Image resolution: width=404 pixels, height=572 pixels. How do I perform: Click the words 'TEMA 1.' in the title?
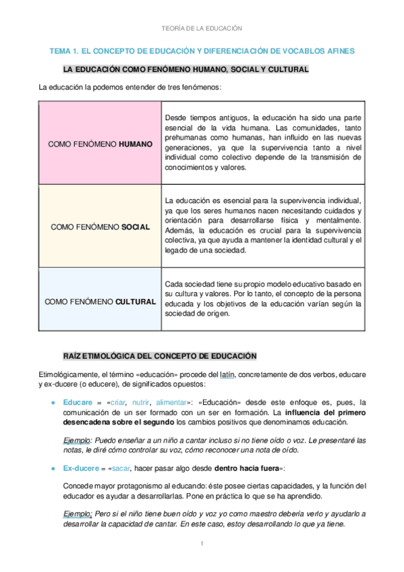click(x=64, y=51)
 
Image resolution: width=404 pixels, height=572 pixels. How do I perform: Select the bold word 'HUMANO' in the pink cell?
click(x=136, y=144)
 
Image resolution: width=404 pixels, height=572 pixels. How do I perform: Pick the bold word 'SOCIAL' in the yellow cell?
click(x=135, y=227)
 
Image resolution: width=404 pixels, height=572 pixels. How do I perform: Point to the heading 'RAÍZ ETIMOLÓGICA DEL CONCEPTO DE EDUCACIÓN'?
click(x=161, y=355)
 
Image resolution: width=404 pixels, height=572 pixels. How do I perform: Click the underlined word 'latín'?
click(x=227, y=374)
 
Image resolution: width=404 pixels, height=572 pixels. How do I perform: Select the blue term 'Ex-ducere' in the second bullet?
click(x=82, y=467)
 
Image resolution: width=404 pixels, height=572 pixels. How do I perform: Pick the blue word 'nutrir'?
click(x=142, y=401)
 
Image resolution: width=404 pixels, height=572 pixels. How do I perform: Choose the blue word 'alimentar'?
click(x=171, y=401)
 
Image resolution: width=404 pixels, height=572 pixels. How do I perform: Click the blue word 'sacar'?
click(x=123, y=467)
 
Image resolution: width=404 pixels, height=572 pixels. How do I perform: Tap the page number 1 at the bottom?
click(x=202, y=544)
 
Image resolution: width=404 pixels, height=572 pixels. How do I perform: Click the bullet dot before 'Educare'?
click(x=53, y=401)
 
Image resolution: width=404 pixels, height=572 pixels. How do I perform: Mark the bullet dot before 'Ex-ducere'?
click(x=53, y=467)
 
